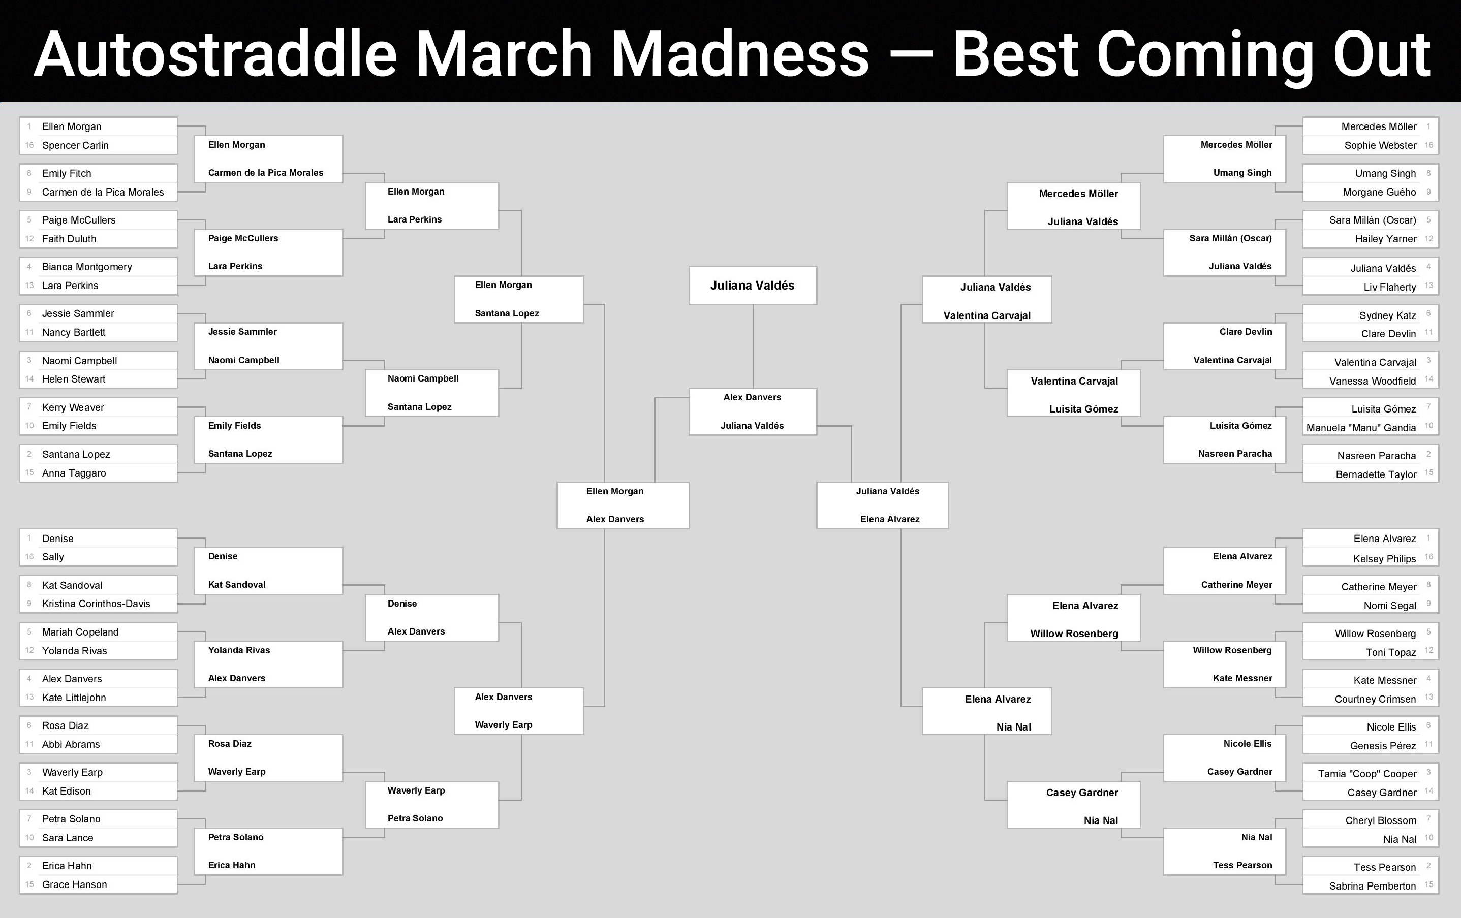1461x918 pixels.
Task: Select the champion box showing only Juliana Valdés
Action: (752, 285)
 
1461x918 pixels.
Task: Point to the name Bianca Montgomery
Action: (87, 267)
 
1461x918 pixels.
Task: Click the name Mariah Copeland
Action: (80, 632)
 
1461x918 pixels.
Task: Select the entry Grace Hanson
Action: (74, 884)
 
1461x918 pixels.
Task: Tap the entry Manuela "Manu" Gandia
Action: (1361, 428)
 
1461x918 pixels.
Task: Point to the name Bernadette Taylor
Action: (1376, 474)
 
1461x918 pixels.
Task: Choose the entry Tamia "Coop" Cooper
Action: (1367, 774)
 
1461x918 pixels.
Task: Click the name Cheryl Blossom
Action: (1381, 821)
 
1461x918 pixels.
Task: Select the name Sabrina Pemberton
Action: (1373, 886)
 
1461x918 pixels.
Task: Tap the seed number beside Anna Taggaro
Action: (29, 472)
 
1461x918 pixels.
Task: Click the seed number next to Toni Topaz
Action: (1429, 650)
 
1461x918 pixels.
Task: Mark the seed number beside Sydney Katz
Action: (1429, 313)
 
